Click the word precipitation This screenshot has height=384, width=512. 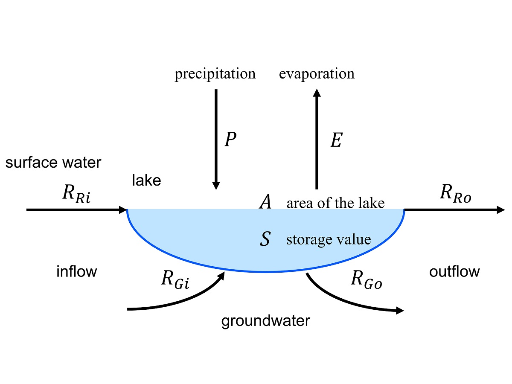215,74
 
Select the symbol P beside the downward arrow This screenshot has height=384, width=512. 230,140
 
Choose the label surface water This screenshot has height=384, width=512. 53,163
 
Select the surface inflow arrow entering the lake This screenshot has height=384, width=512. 77,210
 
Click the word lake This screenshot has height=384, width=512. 146,180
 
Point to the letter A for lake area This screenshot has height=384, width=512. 265,202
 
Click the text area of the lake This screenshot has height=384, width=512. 335,203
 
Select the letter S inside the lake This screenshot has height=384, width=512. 265,239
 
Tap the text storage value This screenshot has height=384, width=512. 329,239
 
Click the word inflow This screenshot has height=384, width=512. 77,271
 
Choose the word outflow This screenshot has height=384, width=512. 454,271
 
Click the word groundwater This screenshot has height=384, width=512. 265,321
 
